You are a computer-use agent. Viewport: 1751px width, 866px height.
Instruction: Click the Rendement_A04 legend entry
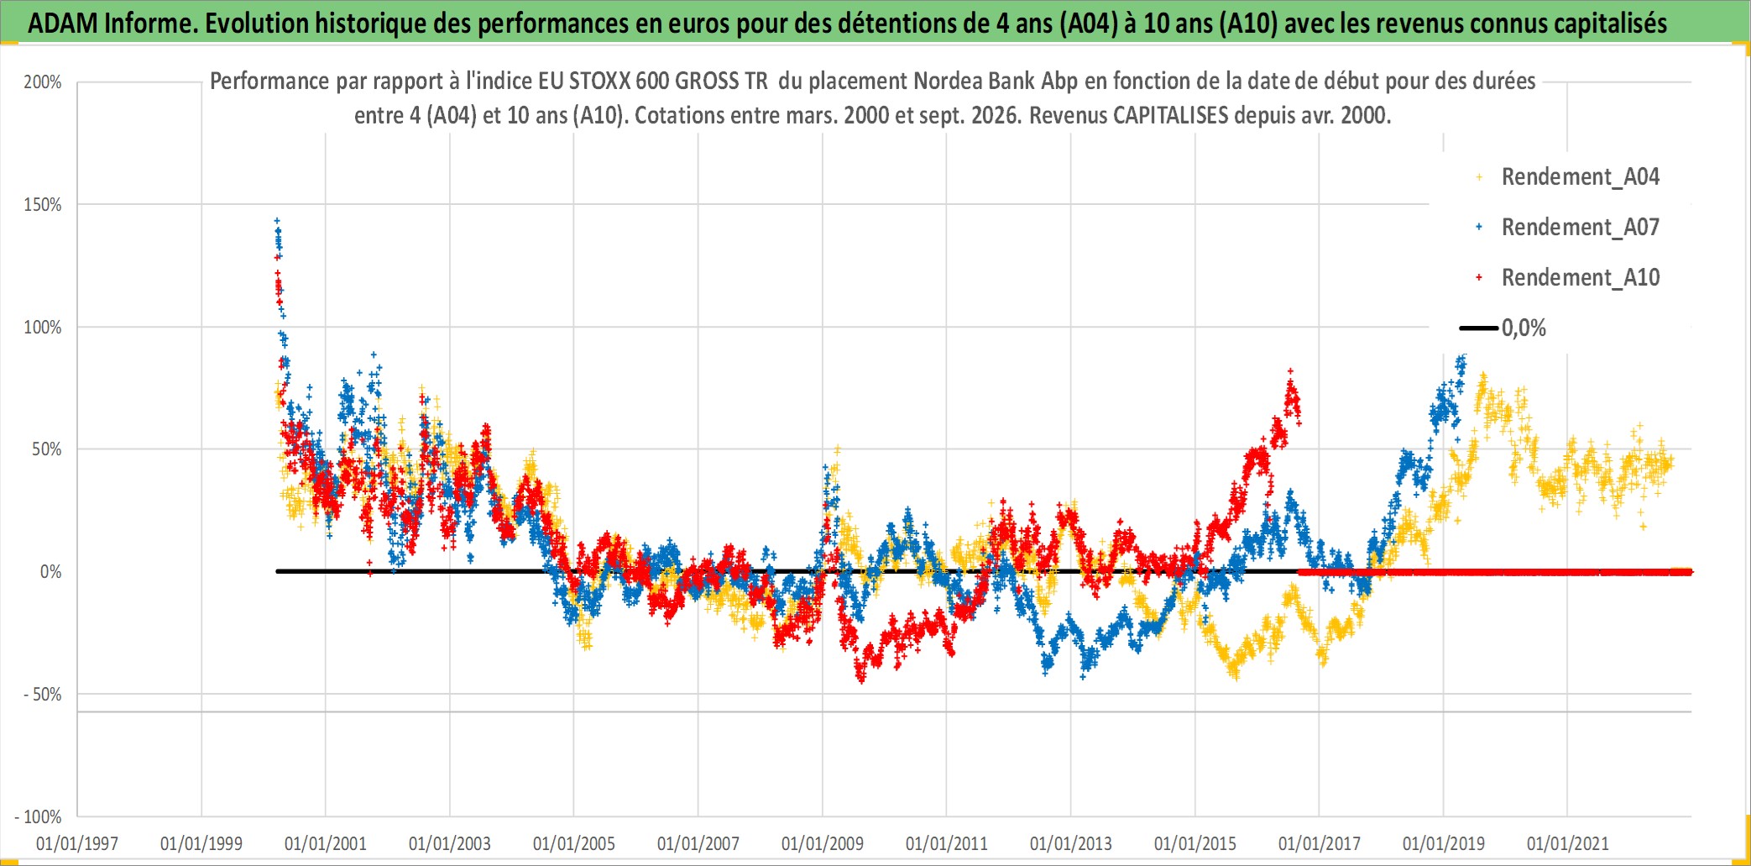(x=1568, y=177)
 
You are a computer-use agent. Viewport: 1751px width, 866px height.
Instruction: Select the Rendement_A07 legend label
(x=1581, y=227)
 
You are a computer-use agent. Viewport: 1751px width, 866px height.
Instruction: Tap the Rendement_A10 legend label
(x=1581, y=277)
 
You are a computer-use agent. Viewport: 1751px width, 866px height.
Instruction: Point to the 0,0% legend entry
(x=1503, y=328)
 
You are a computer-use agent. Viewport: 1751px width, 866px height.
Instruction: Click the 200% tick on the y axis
(x=43, y=82)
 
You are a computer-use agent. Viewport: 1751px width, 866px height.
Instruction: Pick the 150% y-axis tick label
(x=43, y=205)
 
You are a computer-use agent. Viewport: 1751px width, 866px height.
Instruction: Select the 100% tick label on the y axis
(x=43, y=328)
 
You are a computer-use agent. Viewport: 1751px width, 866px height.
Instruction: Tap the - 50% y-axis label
(x=43, y=695)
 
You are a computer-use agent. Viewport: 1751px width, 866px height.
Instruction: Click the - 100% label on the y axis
(x=39, y=816)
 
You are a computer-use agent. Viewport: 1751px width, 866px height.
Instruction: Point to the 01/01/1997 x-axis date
(x=77, y=843)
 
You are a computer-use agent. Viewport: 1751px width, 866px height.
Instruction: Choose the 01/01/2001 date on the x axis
(x=326, y=843)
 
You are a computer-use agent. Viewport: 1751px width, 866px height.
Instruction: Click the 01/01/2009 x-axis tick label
(x=823, y=843)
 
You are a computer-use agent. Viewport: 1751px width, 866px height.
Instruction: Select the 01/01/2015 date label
(x=1195, y=843)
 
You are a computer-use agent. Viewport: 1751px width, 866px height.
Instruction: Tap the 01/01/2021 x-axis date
(x=1568, y=843)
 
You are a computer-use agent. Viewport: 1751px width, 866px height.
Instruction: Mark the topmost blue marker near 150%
(x=277, y=221)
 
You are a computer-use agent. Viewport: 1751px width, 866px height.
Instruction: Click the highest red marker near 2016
(x=1290, y=370)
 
